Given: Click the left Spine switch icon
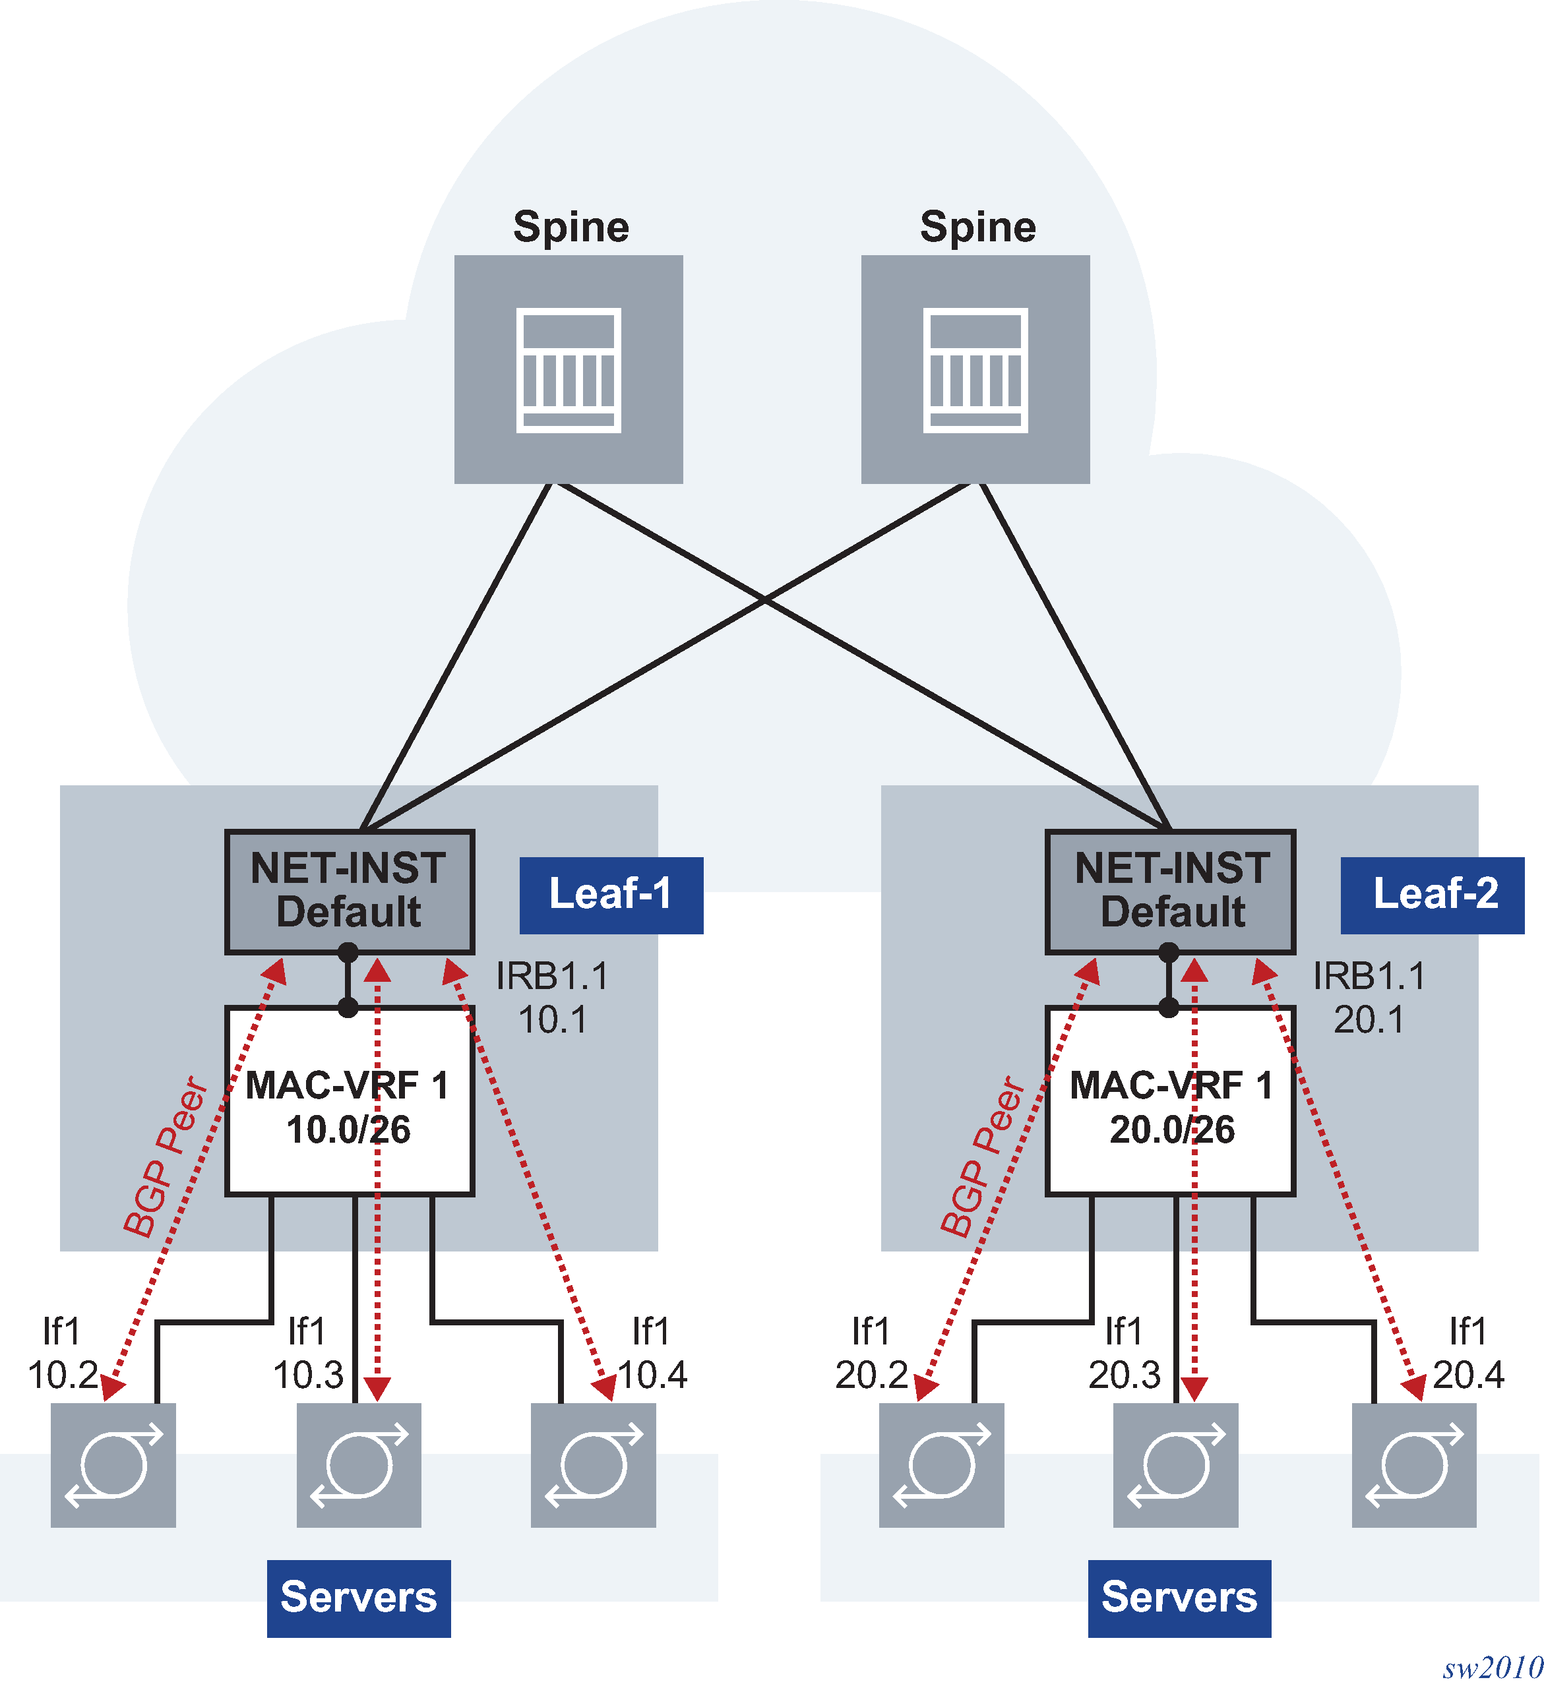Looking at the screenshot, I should [569, 369].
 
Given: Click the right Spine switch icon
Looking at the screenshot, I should [975, 369].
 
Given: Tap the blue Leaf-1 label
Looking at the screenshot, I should [611, 894].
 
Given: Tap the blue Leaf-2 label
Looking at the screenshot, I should [1432, 894].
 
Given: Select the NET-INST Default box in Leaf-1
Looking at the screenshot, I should [349, 891].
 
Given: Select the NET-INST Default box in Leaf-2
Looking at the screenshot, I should [1171, 891].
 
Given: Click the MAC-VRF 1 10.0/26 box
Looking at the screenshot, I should [349, 1105].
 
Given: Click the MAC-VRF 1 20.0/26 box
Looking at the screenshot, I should [1171, 1105].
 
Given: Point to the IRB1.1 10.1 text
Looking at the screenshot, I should [553, 997].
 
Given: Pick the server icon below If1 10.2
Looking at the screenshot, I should [113, 1464].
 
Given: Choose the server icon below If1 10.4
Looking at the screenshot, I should [594, 1464].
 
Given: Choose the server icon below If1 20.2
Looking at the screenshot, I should [941, 1464].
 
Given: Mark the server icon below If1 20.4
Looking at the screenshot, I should [1414, 1464].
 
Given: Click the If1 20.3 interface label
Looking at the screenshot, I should [1124, 1353].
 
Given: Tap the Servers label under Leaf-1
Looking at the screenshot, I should [358, 1597].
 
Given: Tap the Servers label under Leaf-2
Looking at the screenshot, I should [1179, 1597].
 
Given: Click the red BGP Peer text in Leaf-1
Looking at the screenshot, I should [165, 1157].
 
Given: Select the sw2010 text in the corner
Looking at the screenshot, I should [1492, 1667].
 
